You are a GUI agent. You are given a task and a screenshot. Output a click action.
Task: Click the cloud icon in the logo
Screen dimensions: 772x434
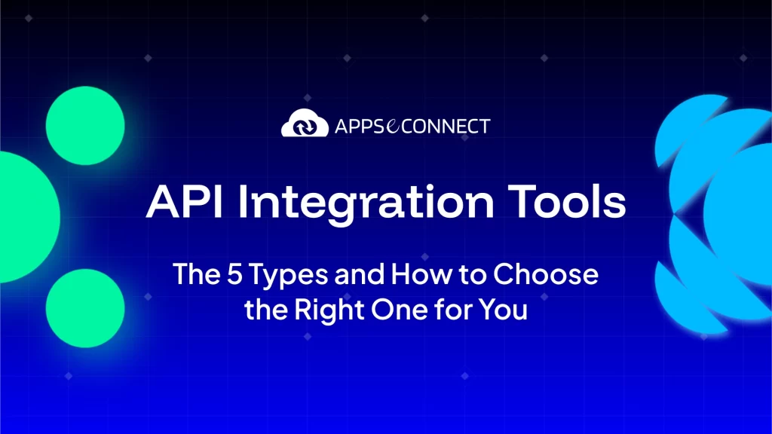coord(305,123)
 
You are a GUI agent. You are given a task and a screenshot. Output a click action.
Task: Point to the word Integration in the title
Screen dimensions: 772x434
coord(366,203)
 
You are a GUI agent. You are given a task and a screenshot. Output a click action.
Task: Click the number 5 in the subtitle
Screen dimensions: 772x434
coord(235,274)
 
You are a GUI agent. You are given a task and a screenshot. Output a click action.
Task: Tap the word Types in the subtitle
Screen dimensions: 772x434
coord(288,277)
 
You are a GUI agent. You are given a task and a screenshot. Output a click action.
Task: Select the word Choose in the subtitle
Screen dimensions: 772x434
coord(546,274)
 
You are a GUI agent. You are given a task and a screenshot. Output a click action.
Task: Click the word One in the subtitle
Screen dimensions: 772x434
coord(400,310)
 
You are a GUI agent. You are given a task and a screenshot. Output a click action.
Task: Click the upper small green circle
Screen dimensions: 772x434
coord(85,126)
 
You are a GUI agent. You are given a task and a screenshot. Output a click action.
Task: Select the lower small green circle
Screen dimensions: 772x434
coord(85,308)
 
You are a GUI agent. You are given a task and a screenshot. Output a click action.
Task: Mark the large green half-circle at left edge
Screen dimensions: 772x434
coord(27,217)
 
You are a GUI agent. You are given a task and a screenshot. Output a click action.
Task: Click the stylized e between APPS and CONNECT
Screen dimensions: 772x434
coord(393,127)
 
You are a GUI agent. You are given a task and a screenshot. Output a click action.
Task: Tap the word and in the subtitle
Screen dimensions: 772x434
coord(360,274)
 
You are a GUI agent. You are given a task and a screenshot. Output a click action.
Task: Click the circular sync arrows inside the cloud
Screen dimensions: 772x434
coord(305,127)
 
